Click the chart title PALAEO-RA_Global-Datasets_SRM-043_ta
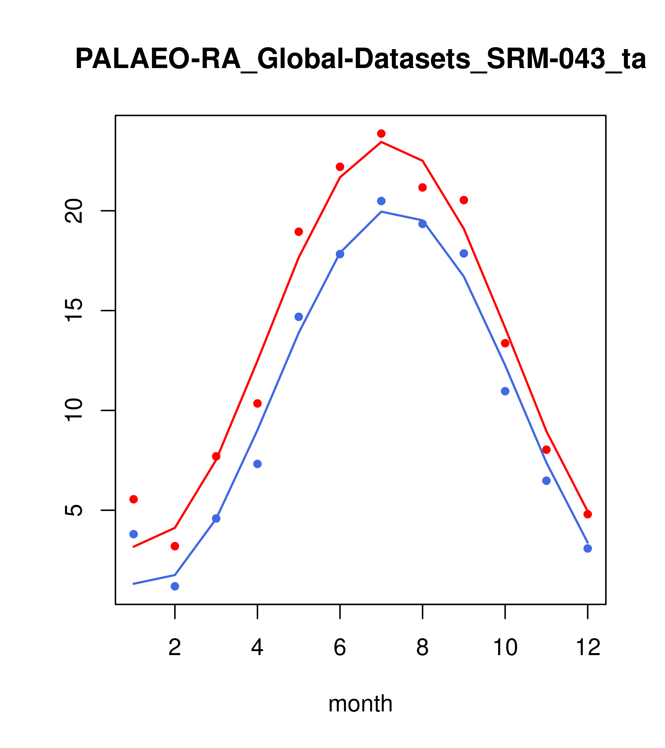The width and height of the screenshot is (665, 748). pyautogui.click(x=360, y=59)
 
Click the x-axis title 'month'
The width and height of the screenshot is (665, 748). pyautogui.click(x=360, y=703)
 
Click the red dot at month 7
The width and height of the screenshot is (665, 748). pyautogui.click(x=381, y=134)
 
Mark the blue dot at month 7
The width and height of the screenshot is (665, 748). pyautogui.click(x=381, y=201)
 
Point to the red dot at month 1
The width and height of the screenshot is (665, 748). pyautogui.click(x=134, y=499)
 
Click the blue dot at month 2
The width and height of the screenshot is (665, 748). pyautogui.click(x=175, y=586)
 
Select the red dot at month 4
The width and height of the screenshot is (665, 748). pyautogui.click(x=258, y=403)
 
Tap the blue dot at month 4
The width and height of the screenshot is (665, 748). pyautogui.click(x=258, y=464)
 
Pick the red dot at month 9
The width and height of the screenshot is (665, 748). pyautogui.click(x=464, y=200)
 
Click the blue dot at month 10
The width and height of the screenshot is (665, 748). pyautogui.click(x=505, y=391)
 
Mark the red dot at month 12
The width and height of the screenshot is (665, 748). pyautogui.click(x=588, y=514)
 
